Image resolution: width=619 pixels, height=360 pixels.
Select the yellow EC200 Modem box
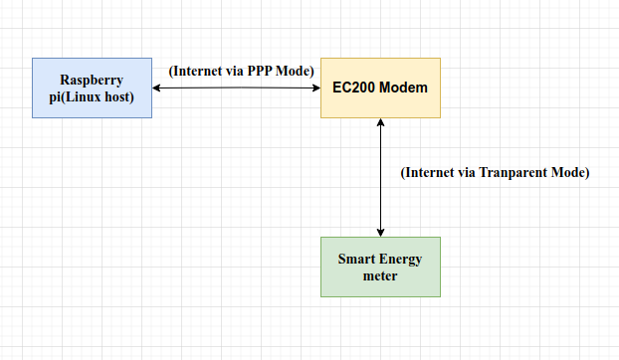[379, 88]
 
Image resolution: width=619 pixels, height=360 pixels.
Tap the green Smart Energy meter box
[379, 267]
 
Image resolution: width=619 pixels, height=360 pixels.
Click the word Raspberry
[92, 80]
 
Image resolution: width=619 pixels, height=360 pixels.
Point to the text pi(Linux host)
[92, 95]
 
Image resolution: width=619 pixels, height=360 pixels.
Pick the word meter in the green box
[379, 275]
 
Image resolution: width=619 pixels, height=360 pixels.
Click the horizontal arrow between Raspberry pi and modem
[237, 89]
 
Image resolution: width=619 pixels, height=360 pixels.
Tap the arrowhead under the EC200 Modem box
[379, 123]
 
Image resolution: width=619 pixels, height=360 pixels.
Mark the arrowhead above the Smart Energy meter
[379, 231]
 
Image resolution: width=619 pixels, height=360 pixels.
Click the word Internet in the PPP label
[199, 71]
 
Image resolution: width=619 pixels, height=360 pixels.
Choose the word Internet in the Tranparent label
[431, 172]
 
